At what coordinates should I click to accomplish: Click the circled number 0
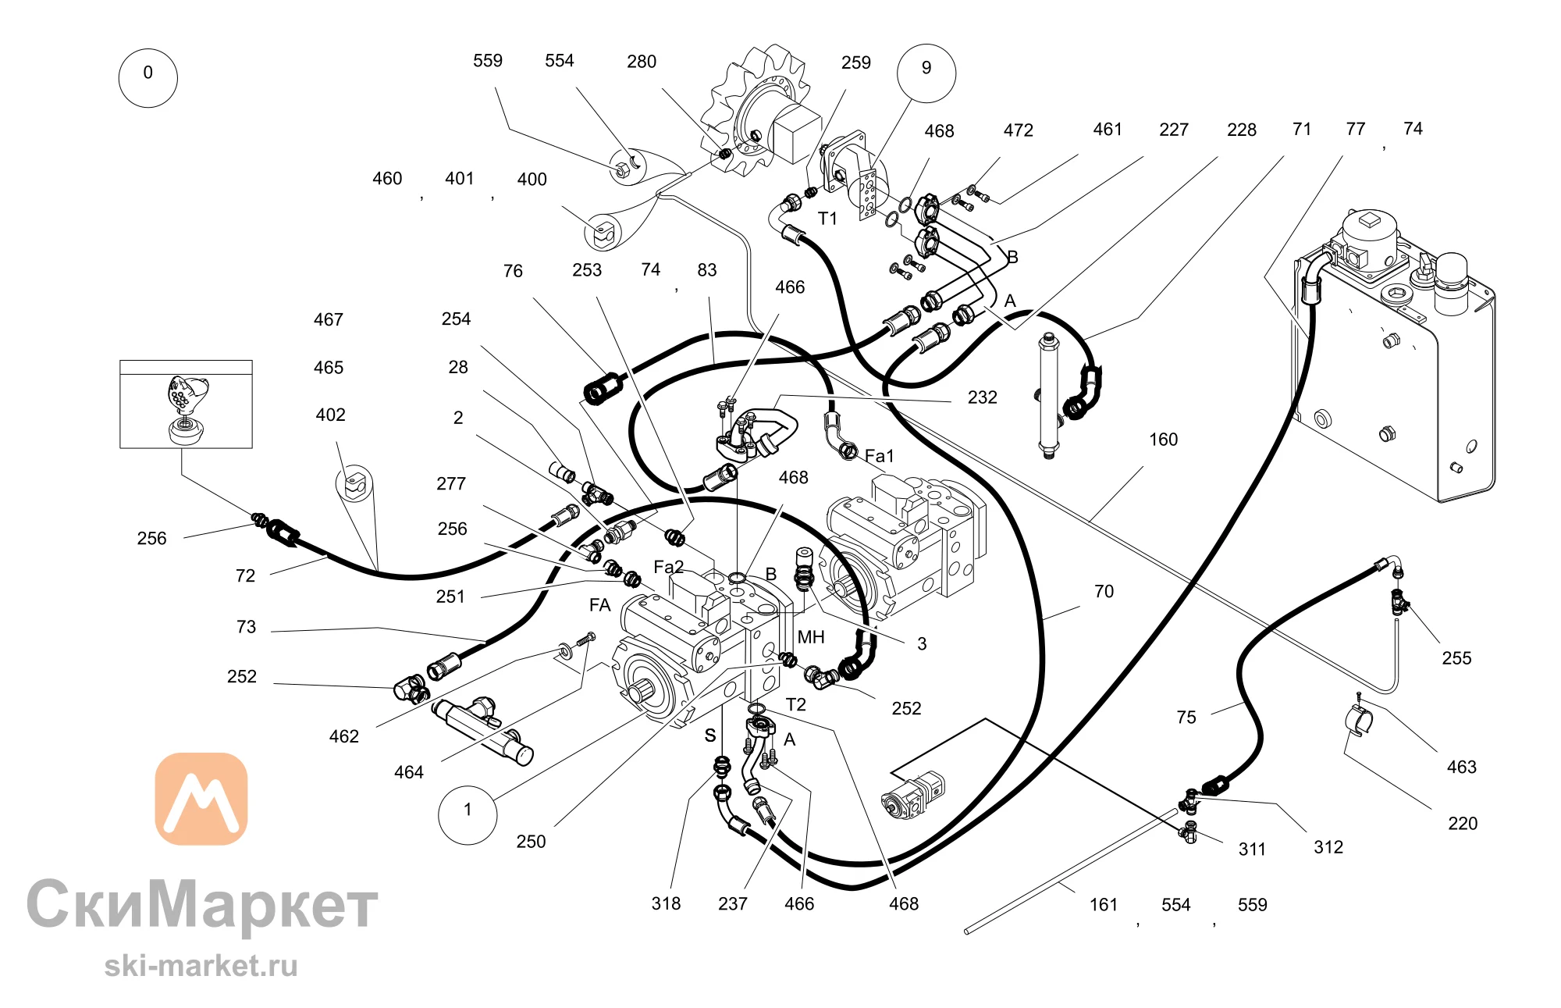pyautogui.click(x=148, y=77)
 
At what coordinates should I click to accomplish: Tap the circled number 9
pyautogui.click(x=926, y=73)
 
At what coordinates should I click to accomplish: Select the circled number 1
pyautogui.click(x=468, y=814)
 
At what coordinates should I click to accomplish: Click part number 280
pyautogui.click(x=642, y=62)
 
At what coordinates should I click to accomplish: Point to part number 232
pyautogui.click(x=982, y=397)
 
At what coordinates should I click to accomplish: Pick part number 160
pyautogui.click(x=1163, y=440)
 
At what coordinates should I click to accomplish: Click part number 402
pyautogui.click(x=330, y=415)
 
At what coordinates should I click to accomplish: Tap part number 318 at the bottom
pyautogui.click(x=666, y=903)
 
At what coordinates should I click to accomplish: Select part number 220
pyautogui.click(x=1463, y=823)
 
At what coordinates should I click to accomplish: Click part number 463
pyautogui.click(x=1461, y=767)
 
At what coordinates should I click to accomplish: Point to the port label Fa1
pyautogui.click(x=879, y=455)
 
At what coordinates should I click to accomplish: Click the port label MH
pyautogui.click(x=811, y=637)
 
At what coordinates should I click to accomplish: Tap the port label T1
pyautogui.click(x=827, y=219)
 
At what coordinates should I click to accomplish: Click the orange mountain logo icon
pyautogui.click(x=201, y=799)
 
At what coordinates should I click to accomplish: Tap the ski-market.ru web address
pyautogui.click(x=201, y=966)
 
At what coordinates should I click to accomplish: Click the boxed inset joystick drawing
pyautogui.click(x=186, y=404)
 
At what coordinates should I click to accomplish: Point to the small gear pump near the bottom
pyautogui.click(x=913, y=795)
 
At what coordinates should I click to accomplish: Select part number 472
pyautogui.click(x=1018, y=130)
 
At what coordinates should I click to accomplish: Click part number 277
pyautogui.click(x=451, y=484)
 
